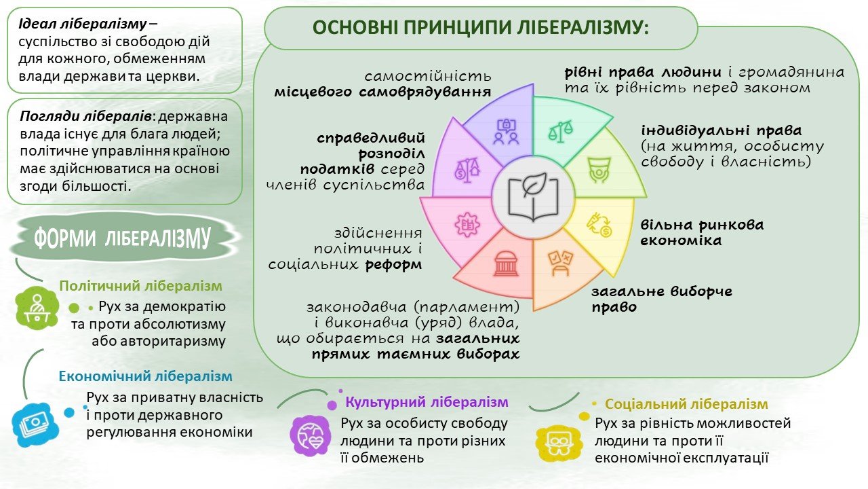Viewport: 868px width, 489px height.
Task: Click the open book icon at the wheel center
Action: coord(533,198)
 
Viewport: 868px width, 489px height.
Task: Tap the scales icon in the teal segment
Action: coord(560,131)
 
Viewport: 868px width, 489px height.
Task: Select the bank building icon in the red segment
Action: coord(506,264)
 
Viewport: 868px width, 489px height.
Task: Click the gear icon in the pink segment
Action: coord(467,225)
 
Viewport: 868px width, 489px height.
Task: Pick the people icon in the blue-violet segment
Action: coord(506,132)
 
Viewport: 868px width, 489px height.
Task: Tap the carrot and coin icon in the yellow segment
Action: coord(599,225)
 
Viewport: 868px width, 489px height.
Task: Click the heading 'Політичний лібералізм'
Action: coord(140,286)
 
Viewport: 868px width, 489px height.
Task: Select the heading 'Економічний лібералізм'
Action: coord(145,376)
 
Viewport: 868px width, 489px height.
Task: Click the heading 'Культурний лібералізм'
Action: coord(427,402)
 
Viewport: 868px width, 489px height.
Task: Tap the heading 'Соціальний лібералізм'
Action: coord(686,404)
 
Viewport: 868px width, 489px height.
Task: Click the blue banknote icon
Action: coord(35,424)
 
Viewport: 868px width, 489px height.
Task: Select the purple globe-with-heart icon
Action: coord(311,435)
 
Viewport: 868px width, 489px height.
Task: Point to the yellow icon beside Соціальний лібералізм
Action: coord(559,441)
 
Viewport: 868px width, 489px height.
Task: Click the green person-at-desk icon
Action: coord(37,308)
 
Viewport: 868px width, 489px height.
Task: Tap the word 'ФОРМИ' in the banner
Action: coord(64,238)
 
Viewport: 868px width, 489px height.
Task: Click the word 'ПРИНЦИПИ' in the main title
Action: coord(456,28)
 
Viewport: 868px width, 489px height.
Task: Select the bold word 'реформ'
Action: coord(393,265)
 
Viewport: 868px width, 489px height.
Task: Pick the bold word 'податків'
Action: coord(337,169)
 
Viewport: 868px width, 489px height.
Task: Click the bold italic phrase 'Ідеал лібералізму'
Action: coord(83,24)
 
